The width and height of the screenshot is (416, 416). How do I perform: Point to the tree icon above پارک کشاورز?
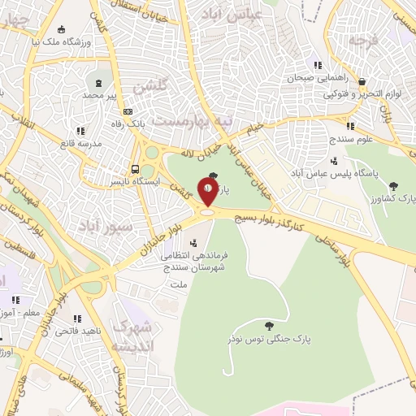click(394, 186)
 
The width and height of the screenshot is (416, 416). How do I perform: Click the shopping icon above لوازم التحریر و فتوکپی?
click(362, 82)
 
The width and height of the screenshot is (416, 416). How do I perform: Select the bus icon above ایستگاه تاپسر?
click(136, 170)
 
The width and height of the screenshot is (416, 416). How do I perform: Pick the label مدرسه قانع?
click(67, 144)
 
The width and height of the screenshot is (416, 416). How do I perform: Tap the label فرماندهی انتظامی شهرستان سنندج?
click(201, 261)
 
